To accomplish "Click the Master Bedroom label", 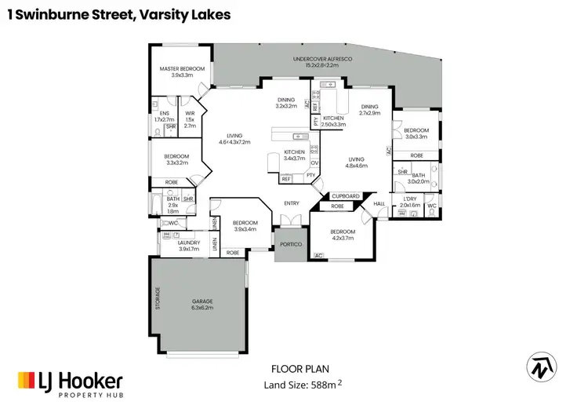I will pos(182,72).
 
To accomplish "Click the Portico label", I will pos(292,244).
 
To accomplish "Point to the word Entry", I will pos(292,204).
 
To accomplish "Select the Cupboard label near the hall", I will pos(346,195).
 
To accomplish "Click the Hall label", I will pos(380,204).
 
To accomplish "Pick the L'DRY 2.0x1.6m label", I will pos(411,202).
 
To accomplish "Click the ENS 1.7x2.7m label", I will pos(164,116).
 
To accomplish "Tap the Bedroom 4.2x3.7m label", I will pos(343,234).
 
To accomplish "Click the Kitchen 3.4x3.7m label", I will pos(295,155).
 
